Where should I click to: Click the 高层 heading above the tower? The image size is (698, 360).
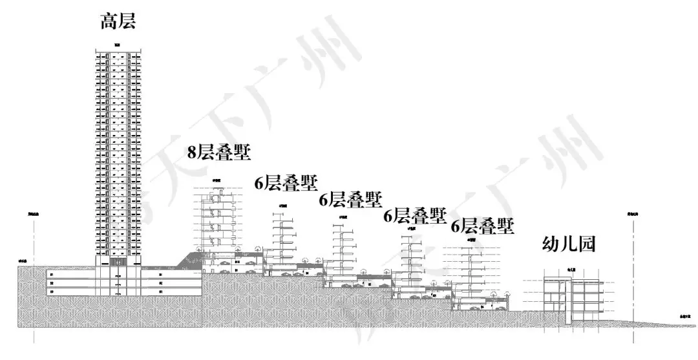(x=117, y=21)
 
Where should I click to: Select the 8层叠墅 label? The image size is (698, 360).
(x=218, y=153)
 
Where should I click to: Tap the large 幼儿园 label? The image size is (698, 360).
(x=567, y=244)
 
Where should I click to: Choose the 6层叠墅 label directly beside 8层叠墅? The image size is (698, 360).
(x=285, y=184)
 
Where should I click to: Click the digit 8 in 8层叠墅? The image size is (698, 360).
(x=191, y=153)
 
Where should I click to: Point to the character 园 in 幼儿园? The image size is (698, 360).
(x=586, y=244)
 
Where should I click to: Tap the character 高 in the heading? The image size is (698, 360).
(x=108, y=21)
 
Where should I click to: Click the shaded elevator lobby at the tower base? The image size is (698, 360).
(x=117, y=262)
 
